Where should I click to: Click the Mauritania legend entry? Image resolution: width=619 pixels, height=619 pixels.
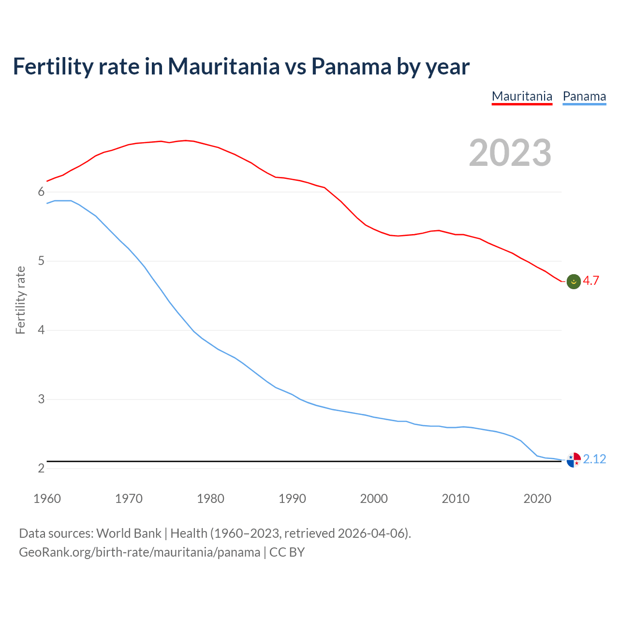[x=522, y=96]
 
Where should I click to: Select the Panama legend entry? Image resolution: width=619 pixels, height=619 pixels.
[x=584, y=96]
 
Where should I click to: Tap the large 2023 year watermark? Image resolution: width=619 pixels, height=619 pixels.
[x=510, y=153]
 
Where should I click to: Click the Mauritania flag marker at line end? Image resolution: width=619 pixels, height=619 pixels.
[x=574, y=281]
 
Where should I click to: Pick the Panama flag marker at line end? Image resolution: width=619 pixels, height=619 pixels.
[x=574, y=460]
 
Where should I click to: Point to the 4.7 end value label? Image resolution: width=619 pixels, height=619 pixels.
[x=591, y=281]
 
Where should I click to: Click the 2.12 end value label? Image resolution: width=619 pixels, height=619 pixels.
[x=594, y=459]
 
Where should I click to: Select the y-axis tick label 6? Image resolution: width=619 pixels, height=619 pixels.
[x=41, y=192]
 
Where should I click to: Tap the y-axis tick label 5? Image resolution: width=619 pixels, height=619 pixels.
[x=41, y=261]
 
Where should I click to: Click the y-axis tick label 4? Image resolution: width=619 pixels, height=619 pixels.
[x=41, y=330]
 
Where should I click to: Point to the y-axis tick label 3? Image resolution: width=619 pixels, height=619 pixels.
[x=41, y=399]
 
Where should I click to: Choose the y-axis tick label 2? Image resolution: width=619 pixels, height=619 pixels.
[x=41, y=469]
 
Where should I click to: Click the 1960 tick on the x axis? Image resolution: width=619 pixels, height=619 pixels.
[x=47, y=499]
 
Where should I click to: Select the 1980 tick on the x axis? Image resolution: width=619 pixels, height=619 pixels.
[x=210, y=499]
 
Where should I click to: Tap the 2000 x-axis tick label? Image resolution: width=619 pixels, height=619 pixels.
[x=374, y=499]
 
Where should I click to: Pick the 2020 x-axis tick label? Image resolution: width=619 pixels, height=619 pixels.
[x=537, y=499]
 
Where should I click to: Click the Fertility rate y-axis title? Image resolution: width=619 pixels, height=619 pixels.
[x=20, y=300]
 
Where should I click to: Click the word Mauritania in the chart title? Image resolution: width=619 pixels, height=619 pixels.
[x=223, y=66]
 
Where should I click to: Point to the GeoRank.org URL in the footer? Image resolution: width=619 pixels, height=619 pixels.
[x=139, y=552]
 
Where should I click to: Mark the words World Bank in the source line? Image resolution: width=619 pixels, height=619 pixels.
[x=129, y=533]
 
